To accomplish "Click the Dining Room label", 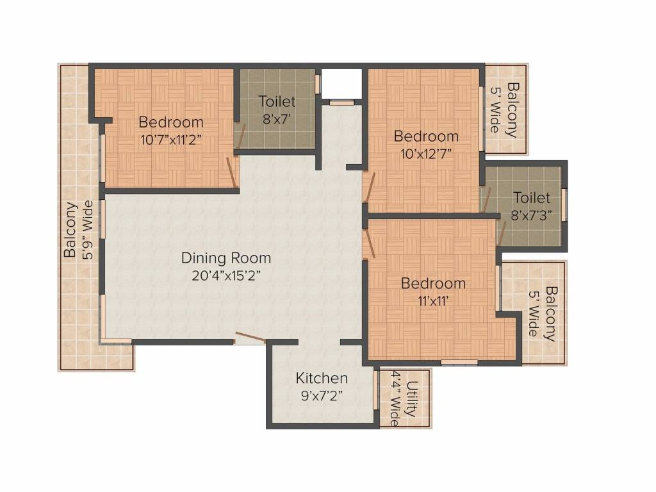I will [226, 258].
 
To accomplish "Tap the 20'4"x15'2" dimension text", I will [226, 276].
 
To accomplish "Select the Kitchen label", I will [322, 378].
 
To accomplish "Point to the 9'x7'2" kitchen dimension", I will [322, 395].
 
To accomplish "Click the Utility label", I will [413, 398].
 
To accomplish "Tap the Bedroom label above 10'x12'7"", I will [426, 136].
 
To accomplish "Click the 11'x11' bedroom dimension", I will [433, 300].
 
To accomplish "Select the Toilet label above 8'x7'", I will [277, 101].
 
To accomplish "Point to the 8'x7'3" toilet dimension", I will [532, 216].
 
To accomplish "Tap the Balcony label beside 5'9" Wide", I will [70, 230].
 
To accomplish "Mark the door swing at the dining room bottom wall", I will [250, 338].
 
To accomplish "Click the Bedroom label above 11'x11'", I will [433, 283].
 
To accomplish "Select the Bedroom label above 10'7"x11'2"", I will [171, 122].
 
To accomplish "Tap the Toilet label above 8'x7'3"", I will [532, 198].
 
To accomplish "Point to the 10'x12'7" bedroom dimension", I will [426, 154].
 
